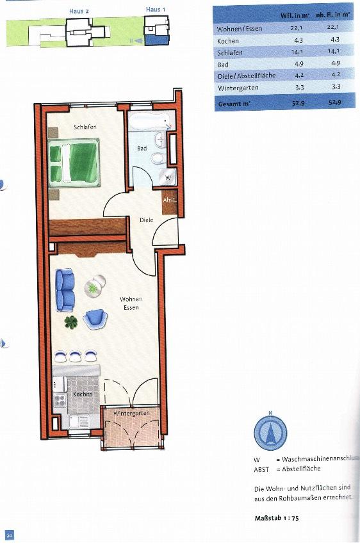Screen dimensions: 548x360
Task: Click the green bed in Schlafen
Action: pyautogui.click(x=74, y=164)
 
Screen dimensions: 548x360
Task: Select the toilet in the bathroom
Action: pyautogui.click(x=157, y=158)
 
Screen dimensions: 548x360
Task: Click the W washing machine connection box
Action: pyautogui.click(x=168, y=176)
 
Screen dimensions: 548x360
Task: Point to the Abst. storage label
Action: pyautogui.click(x=169, y=200)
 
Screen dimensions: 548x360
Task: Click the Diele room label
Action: pyautogui.click(x=146, y=220)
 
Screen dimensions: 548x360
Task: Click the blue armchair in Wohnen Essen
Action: pyautogui.click(x=95, y=317)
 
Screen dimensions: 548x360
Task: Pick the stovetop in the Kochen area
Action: pyautogui.click(x=60, y=401)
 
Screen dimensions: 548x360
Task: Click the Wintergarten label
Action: pyautogui.click(x=131, y=414)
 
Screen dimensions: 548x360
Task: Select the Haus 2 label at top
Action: pyautogui.click(x=78, y=10)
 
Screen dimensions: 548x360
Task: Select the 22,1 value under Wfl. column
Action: pyautogui.click(x=297, y=28)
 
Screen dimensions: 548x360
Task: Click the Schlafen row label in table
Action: pyautogui.click(x=230, y=52)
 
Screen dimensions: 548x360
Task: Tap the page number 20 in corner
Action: pyautogui.click(x=9, y=535)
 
